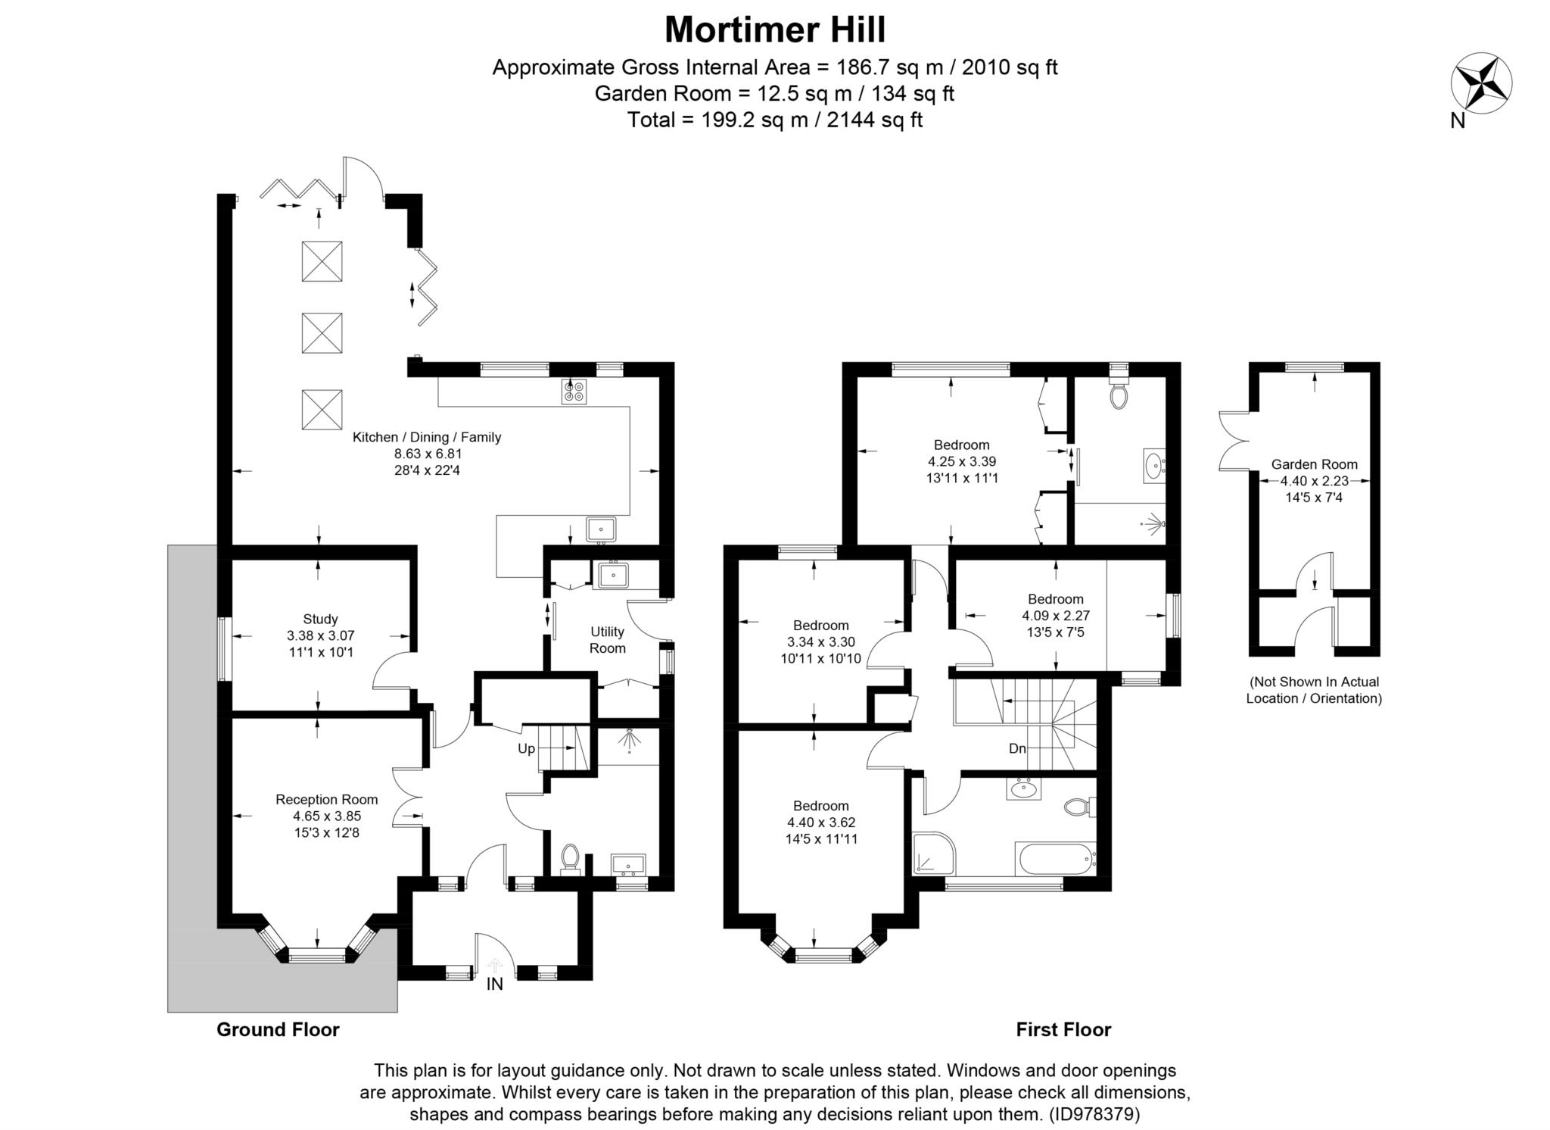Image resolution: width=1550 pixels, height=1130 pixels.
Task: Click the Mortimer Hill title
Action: click(x=774, y=30)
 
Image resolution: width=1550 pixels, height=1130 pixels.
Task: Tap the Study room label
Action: click(x=320, y=619)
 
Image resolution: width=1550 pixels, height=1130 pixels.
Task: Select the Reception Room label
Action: click(x=326, y=799)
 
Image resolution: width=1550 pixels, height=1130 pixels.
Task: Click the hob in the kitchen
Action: click(x=574, y=392)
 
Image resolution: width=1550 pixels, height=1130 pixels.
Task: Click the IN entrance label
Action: click(x=494, y=985)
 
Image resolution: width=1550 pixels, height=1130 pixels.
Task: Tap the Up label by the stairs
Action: click(x=526, y=748)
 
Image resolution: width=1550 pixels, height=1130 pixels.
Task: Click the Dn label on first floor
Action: click(x=1017, y=748)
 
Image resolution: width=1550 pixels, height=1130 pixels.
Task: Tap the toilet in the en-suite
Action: click(x=1119, y=394)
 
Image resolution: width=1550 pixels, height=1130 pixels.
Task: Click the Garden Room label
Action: click(x=1314, y=464)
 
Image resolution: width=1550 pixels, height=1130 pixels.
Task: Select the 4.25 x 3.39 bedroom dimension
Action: click(x=961, y=461)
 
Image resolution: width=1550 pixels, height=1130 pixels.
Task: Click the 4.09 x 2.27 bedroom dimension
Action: click(x=1055, y=615)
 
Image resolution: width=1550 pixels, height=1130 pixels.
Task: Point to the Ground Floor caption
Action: click(x=278, y=1029)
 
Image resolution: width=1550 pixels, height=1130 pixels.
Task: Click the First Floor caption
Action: click(x=1063, y=1029)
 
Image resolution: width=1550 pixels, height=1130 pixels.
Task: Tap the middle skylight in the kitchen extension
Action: click(x=322, y=332)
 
